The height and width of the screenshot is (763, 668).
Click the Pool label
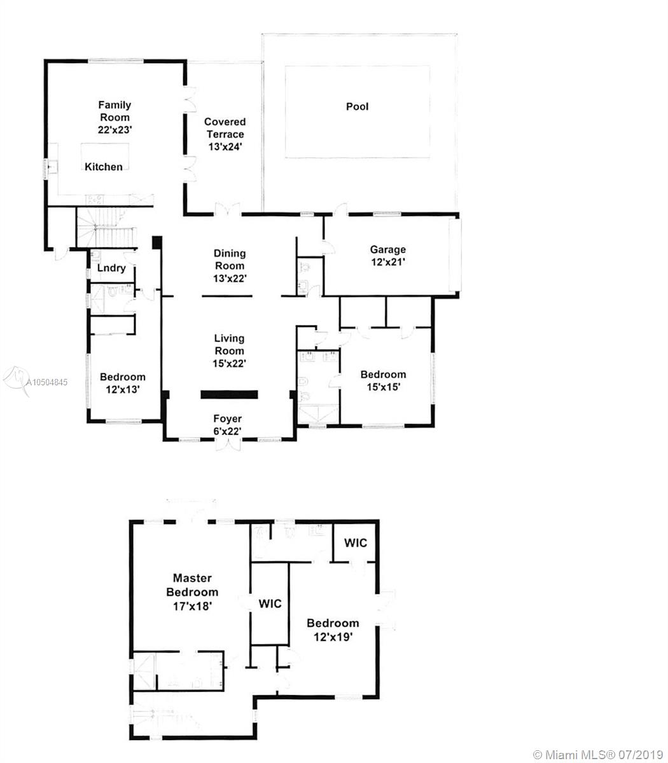pyautogui.click(x=357, y=107)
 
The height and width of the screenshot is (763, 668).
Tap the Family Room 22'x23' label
pyautogui.click(x=115, y=117)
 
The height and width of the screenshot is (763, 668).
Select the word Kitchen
pyautogui.click(x=103, y=167)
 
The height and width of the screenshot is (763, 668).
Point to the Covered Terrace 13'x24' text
pyautogui.click(x=225, y=134)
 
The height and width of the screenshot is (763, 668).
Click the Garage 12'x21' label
pyautogui.click(x=387, y=256)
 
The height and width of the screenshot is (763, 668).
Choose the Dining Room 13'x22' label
pyautogui.click(x=230, y=266)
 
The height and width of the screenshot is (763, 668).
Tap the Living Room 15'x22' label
pyautogui.click(x=229, y=351)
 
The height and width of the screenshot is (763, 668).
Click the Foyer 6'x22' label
pyautogui.click(x=227, y=425)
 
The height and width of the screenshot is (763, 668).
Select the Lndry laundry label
pyautogui.click(x=111, y=268)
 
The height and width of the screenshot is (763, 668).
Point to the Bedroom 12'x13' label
pyautogui.click(x=122, y=383)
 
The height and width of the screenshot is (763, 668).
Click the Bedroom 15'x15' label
pyautogui.click(x=383, y=381)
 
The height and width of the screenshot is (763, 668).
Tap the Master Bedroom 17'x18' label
pyautogui.click(x=192, y=592)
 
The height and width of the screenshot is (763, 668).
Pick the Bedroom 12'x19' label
pyautogui.click(x=333, y=630)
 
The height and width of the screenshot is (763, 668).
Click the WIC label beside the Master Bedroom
pyautogui.click(x=270, y=604)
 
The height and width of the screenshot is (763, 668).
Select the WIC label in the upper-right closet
pyautogui.click(x=355, y=543)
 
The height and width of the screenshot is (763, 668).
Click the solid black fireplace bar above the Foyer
pyautogui.click(x=229, y=395)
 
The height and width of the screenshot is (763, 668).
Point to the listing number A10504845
pyautogui.click(x=47, y=382)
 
